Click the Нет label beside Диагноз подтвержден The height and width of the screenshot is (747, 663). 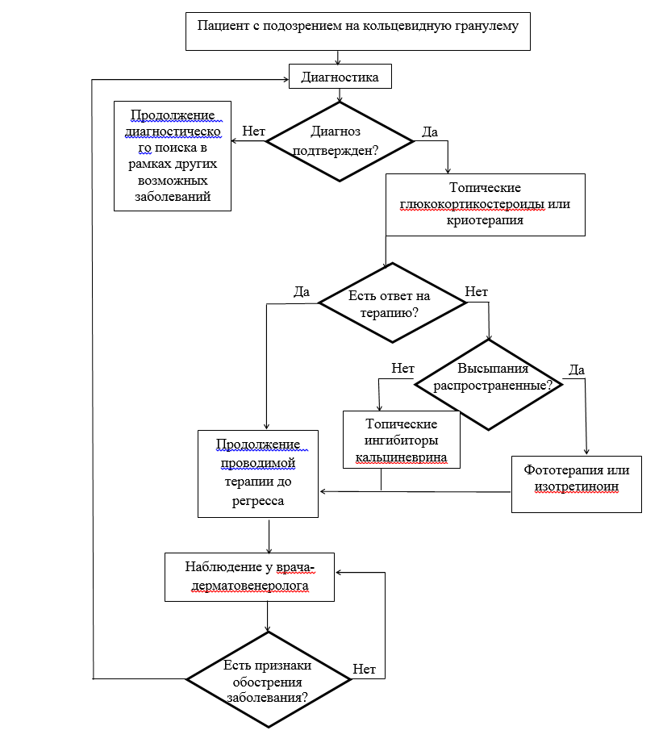pos(253,131)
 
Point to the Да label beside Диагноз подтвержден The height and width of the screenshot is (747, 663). pos(430,132)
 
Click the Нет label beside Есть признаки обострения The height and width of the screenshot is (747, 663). pos(365,670)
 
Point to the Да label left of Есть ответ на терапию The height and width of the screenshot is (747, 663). pos(302,291)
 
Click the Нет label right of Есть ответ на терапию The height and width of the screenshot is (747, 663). pos(477,291)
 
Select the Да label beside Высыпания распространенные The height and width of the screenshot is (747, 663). pos(577,369)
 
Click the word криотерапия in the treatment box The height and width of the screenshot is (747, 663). pos(485,220)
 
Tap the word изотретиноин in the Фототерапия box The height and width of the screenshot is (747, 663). pos(577,487)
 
